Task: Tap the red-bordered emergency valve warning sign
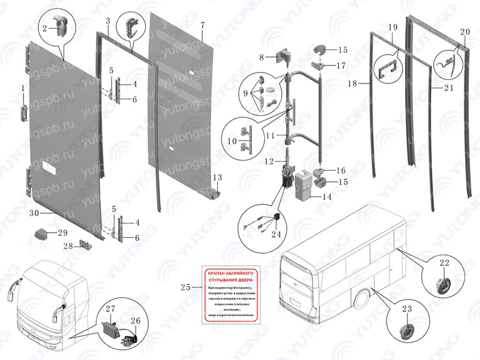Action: coord(229,293)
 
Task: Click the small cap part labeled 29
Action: coord(41,233)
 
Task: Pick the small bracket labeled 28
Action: coord(85,246)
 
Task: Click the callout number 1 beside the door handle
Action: coord(23,89)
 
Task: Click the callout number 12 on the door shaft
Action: coord(270,161)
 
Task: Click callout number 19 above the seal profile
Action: coord(392,28)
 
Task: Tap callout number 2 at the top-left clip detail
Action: coord(44,28)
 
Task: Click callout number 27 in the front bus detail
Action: coord(110,309)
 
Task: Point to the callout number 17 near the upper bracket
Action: coord(341,65)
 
